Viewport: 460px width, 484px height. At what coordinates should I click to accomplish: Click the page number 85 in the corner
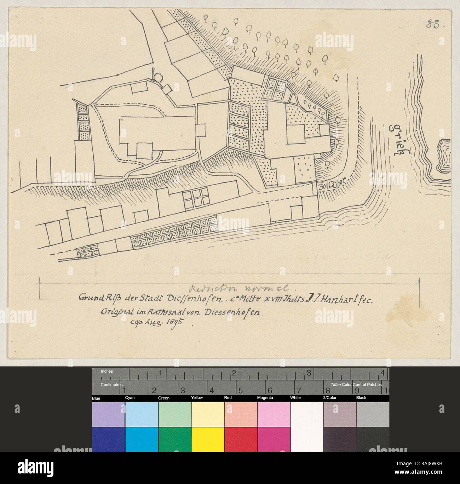point(433,25)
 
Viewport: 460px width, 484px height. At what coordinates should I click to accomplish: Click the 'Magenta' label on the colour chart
point(265,398)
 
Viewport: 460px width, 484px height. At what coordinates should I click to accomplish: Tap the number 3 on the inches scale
point(309,373)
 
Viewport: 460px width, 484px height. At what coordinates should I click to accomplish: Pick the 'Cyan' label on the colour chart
point(130,398)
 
